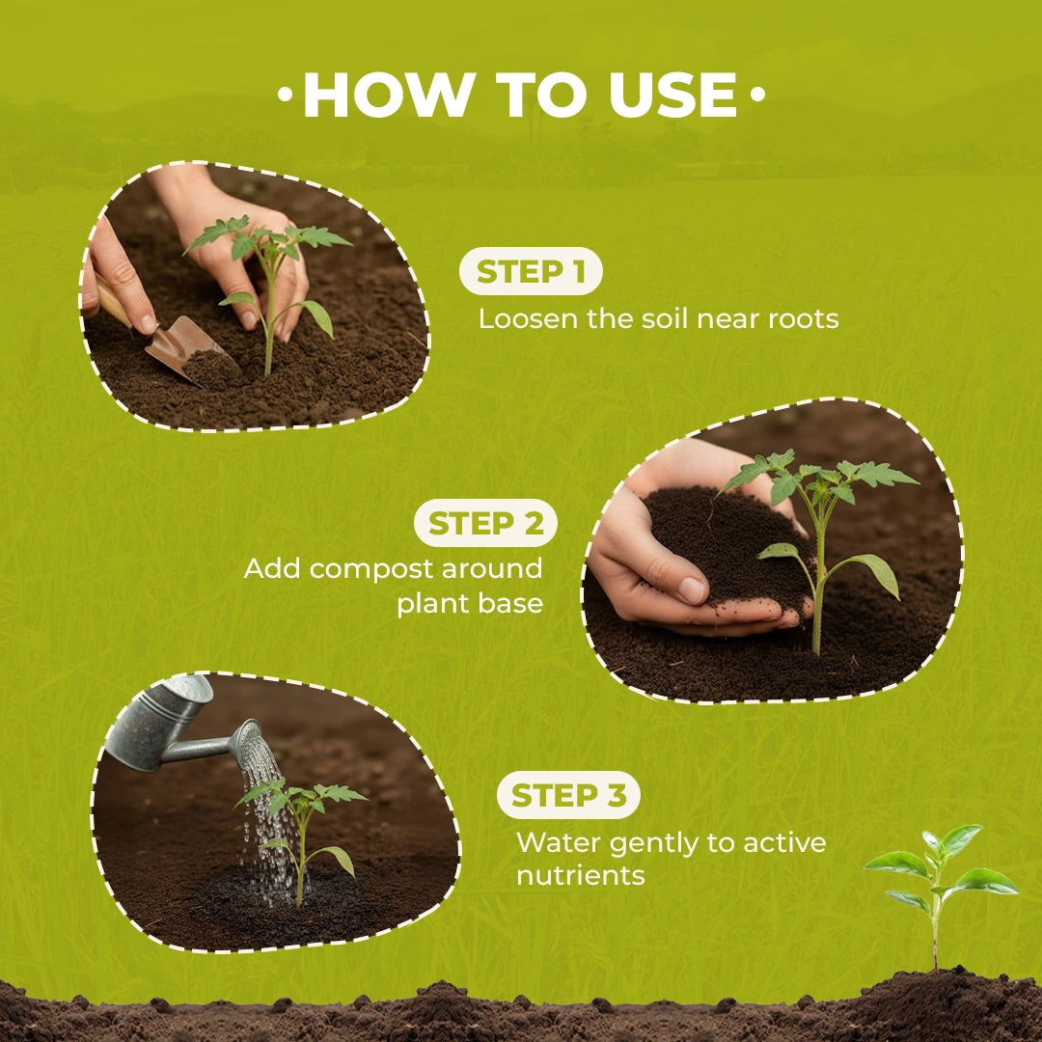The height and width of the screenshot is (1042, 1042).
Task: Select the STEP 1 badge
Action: tap(531, 273)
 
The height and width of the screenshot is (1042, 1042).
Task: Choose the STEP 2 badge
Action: tap(485, 524)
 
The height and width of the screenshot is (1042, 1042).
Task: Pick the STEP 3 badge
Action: tap(568, 797)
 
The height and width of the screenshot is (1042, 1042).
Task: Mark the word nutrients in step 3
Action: tap(580, 876)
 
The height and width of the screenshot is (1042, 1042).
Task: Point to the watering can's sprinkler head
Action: tap(248, 741)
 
